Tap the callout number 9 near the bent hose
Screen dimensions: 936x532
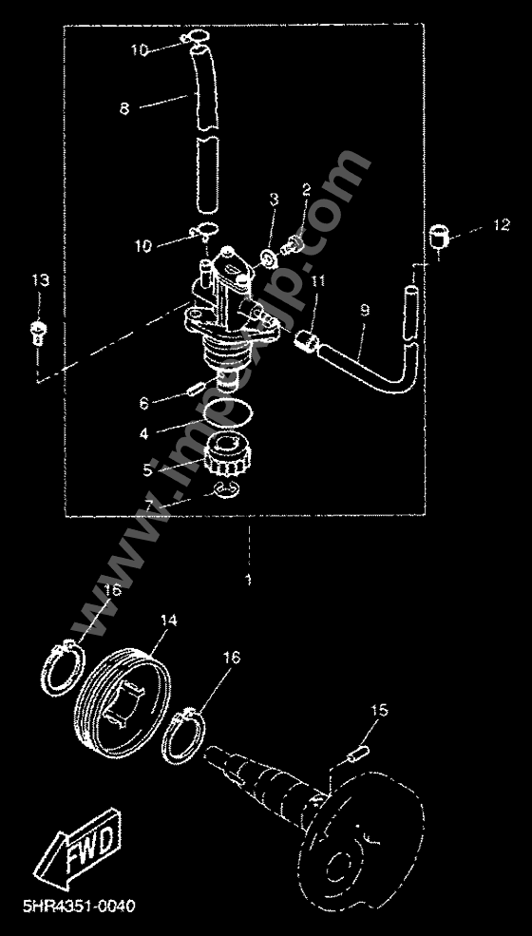click(365, 311)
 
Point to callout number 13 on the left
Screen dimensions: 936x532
click(39, 280)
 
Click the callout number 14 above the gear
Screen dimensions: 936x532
click(168, 621)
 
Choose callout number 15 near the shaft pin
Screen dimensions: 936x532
click(379, 710)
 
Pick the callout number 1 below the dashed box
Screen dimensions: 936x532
click(249, 579)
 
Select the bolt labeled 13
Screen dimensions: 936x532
click(39, 332)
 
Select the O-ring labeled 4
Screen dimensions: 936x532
click(228, 411)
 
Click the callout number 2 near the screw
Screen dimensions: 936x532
click(307, 191)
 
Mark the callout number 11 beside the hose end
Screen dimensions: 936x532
click(316, 281)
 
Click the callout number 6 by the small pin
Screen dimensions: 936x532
click(144, 402)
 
